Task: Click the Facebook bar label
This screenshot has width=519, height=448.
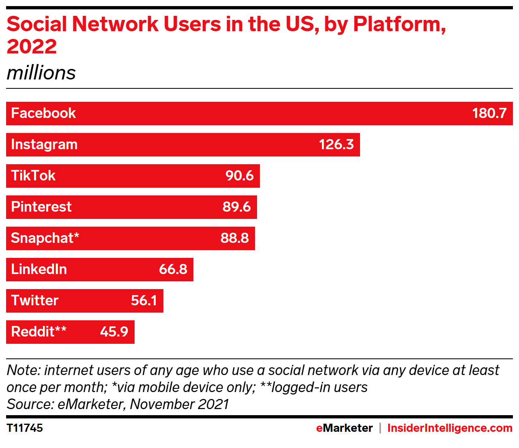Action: coord(43,113)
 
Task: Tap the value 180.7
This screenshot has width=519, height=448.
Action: coord(489,113)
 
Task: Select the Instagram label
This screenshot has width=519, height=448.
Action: coord(44,145)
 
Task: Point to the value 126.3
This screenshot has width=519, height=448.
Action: coord(336,144)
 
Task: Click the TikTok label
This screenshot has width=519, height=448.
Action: coord(33,176)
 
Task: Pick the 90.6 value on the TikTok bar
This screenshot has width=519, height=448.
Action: coord(240,176)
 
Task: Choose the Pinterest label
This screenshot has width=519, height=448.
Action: coord(41,207)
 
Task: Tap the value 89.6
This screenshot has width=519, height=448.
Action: coord(237,207)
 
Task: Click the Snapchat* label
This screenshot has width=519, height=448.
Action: coord(45,238)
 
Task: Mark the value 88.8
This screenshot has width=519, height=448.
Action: coord(235,238)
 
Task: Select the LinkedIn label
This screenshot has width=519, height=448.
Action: coord(39,269)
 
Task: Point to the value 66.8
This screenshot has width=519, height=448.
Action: coord(173,269)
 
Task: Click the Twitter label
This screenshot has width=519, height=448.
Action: coord(35,300)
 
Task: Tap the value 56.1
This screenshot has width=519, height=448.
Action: coord(144,300)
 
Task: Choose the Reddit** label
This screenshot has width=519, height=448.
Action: coord(39,332)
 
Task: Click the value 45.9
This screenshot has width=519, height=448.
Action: coord(114,332)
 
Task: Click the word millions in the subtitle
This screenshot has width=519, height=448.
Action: coord(41,73)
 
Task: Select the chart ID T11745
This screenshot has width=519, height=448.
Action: coord(25,428)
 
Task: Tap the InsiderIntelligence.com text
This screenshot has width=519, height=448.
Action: coord(450,428)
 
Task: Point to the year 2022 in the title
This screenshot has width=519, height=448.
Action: coord(32,46)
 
